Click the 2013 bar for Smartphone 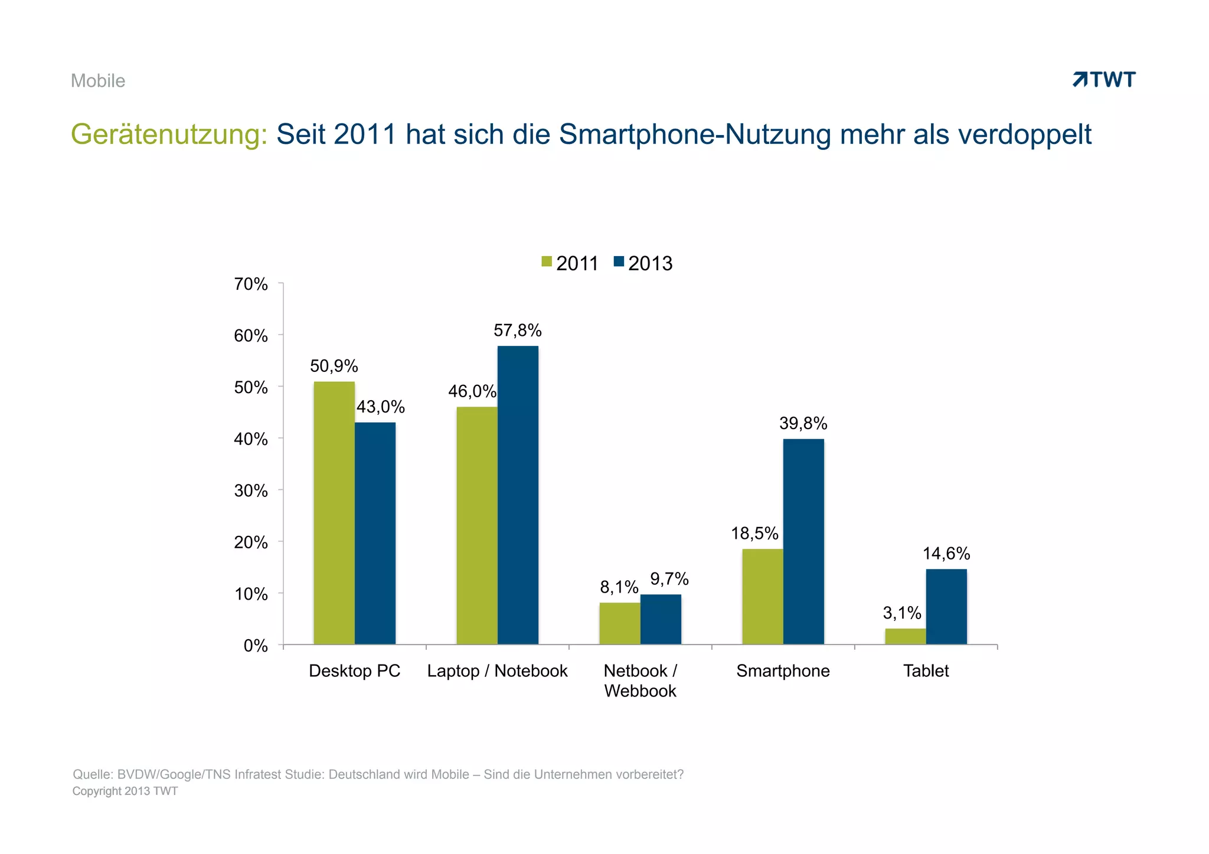(x=803, y=541)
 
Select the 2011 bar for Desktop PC (x=334, y=513)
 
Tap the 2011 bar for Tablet (x=905, y=636)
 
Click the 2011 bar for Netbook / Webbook (x=619, y=623)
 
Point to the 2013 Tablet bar (x=946, y=606)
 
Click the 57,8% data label (x=517, y=331)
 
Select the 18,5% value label (x=754, y=534)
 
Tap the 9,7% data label (x=669, y=579)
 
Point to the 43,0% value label (x=381, y=407)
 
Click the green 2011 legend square (x=547, y=261)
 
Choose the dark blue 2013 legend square (x=619, y=261)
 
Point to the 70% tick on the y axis (x=251, y=284)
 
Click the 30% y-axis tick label (x=251, y=491)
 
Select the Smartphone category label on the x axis (x=783, y=671)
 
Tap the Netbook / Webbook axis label (x=640, y=680)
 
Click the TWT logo (x=1104, y=80)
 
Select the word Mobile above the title (x=98, y=81)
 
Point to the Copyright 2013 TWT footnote (x=125, y=791)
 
